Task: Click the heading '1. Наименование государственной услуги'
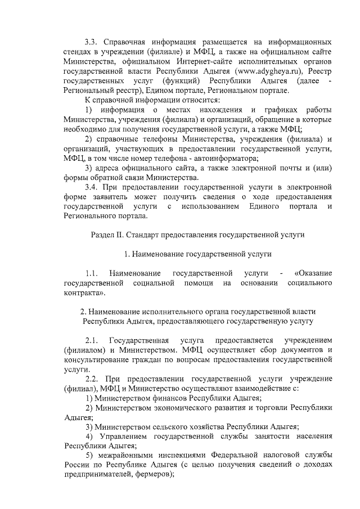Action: (x=198, y=254)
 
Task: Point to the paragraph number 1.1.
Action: (x=92, y=273)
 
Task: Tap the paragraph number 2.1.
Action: (x=92, y=341)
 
